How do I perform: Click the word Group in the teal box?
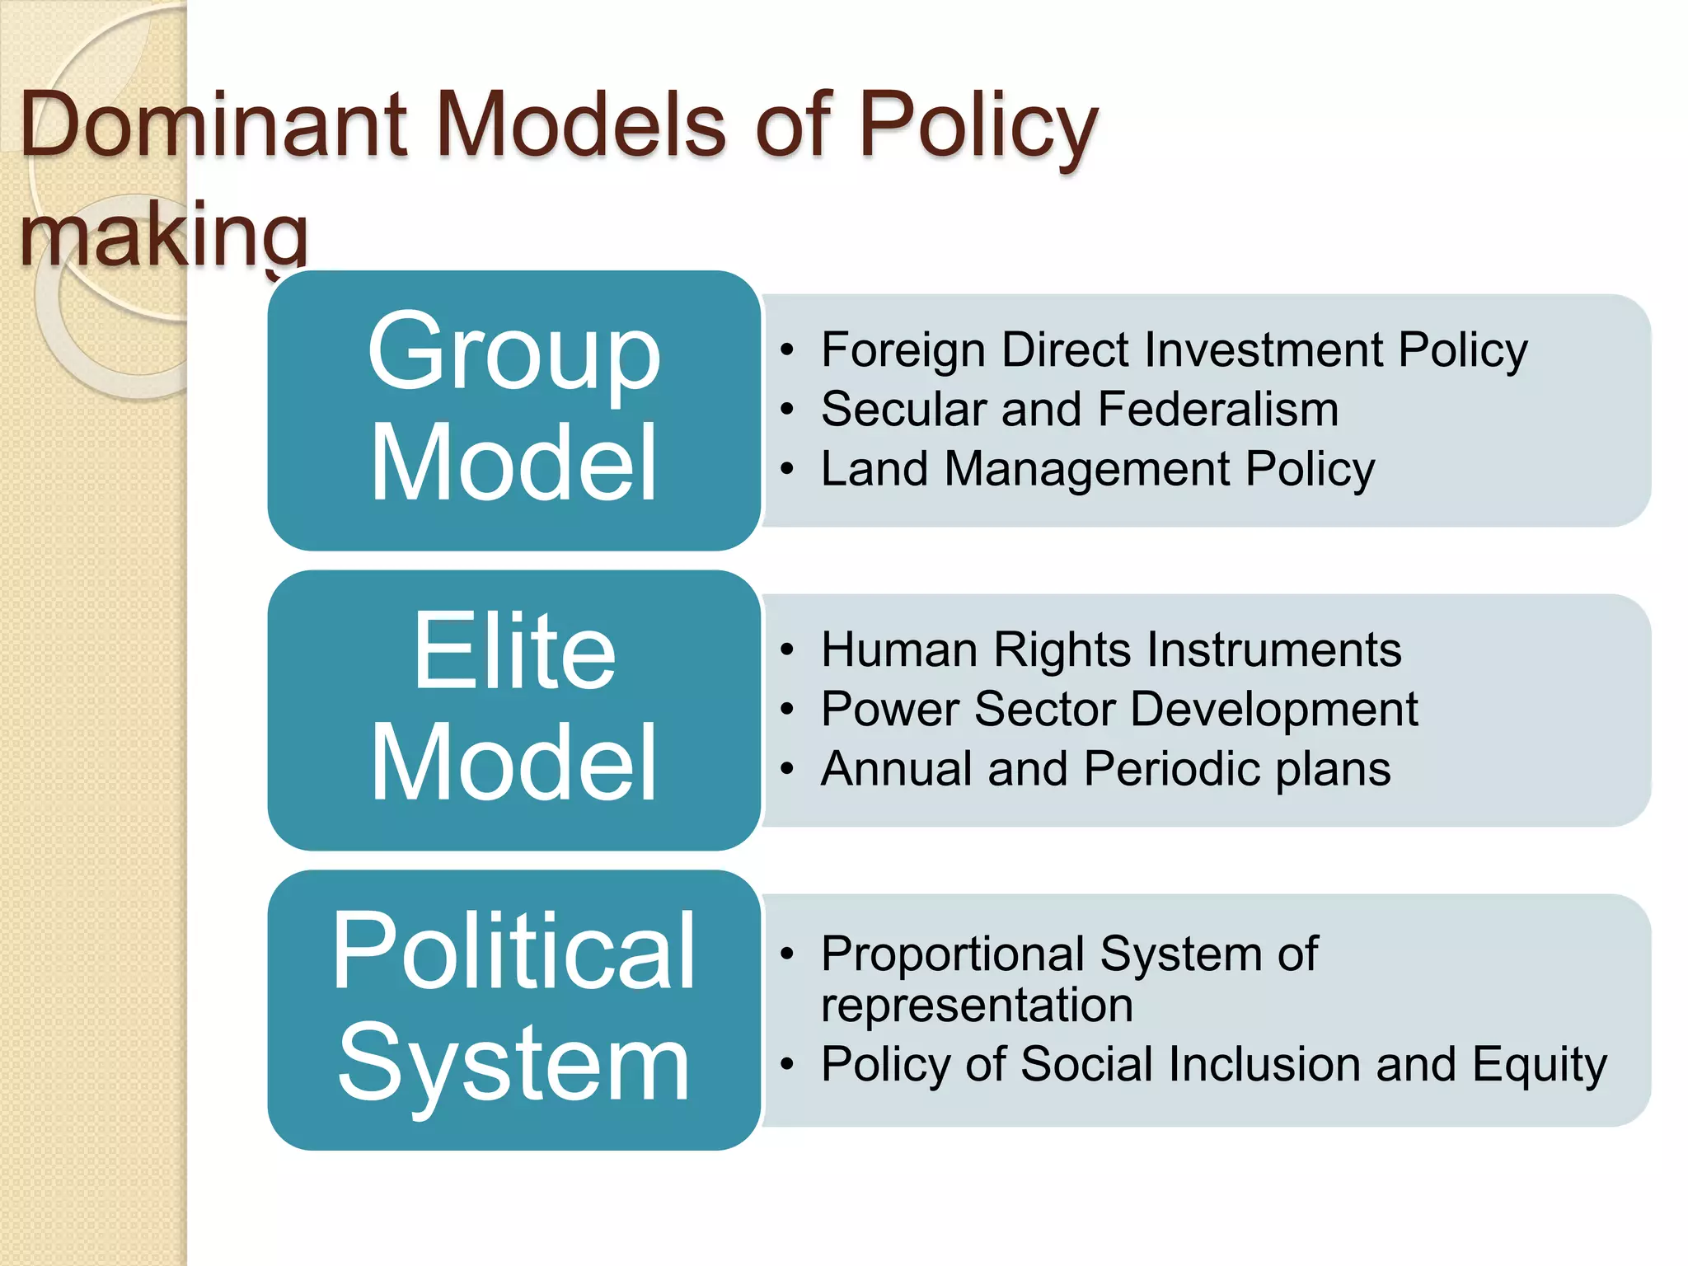513,353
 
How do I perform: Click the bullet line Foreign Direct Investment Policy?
1174,349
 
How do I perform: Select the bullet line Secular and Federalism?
1080,409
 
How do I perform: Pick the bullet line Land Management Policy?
1098,469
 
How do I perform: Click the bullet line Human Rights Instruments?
1111,649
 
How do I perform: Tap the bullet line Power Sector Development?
1119,709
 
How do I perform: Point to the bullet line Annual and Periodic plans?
1105,769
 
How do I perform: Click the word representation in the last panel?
977,1006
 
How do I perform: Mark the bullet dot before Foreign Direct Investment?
787,350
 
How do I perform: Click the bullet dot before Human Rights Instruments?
787,650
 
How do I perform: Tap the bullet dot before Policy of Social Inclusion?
787,1065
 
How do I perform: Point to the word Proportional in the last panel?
952,954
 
